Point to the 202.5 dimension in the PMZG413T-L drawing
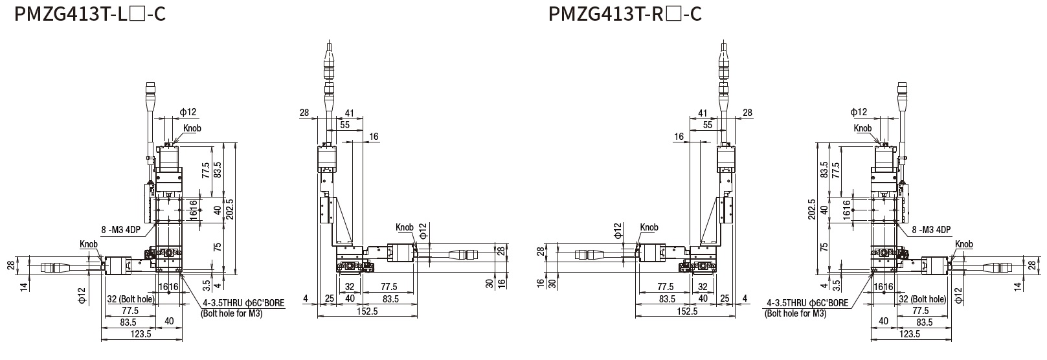click(230, 207)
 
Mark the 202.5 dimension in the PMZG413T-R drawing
click(813, 207)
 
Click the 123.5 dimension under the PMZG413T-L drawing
click(141, 334)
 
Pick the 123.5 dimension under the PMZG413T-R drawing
click(909, 334)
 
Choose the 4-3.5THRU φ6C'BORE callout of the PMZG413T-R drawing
click(807, 302)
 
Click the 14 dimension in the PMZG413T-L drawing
click(24, 286)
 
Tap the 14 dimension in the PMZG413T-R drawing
click(1035, 286)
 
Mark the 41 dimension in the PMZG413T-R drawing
click(703, 113)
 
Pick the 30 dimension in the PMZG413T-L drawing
click(490, 282)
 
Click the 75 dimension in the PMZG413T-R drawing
click(824, 247)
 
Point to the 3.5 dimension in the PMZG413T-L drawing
click(206, 283)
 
